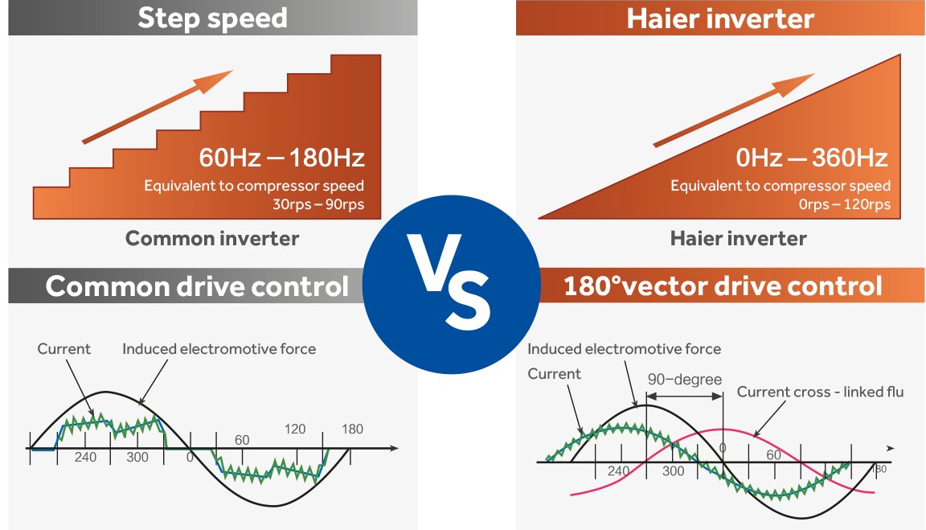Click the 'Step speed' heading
pos(212,18)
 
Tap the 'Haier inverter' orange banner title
pos(720,18)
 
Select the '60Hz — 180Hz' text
pos(281,158)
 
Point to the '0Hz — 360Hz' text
pos(812,158)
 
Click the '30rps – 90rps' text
pos(318,204)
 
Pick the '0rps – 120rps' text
pos(845,204)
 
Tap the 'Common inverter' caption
pos(212,239)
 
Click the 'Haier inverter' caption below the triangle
pos(738,239)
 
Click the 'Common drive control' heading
pos(197,286)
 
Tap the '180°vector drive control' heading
pos(723,286)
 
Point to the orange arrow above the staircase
pos(157,107)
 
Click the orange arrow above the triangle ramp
pos(734,110)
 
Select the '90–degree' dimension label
pos(685,380)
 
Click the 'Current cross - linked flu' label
pos(820,392)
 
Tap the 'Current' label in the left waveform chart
pos(64,349)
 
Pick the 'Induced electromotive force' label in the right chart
pos(625,349)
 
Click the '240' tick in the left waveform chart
pos(86,457)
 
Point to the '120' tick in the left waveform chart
pos(295,429)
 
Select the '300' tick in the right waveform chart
pos(674,471)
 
